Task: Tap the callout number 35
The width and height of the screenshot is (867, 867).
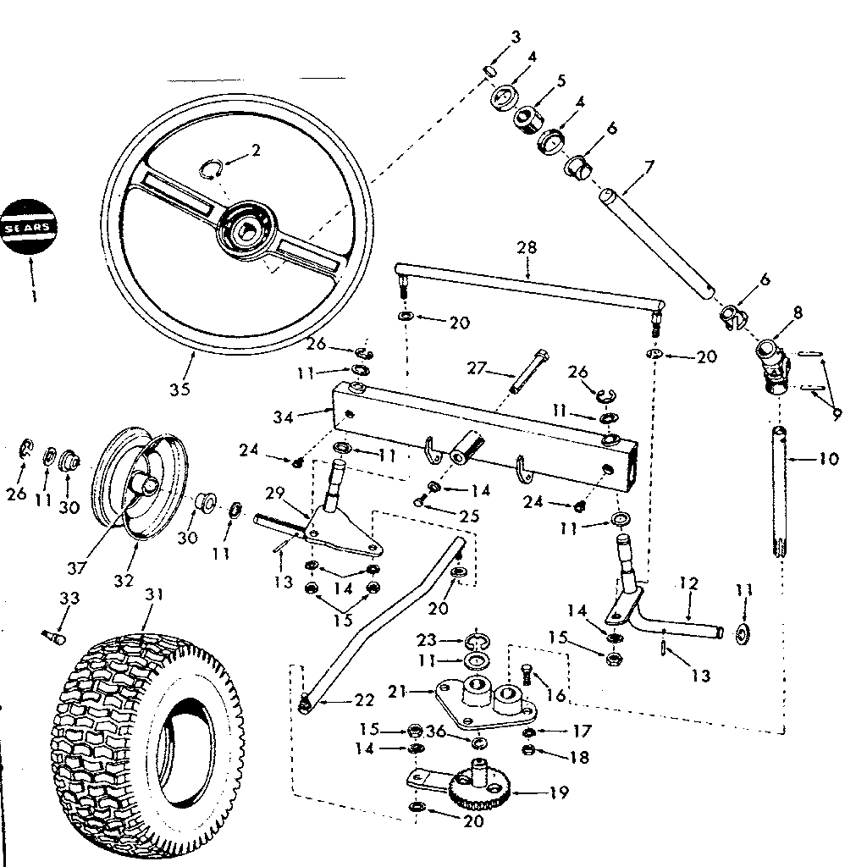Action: point(179,390)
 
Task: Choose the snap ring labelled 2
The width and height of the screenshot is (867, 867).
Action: point(213,169)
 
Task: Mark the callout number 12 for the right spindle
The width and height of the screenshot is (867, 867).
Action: point(688,583)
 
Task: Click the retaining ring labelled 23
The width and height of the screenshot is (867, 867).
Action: point(475,641)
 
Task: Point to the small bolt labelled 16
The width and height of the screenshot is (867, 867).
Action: point(526,674)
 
